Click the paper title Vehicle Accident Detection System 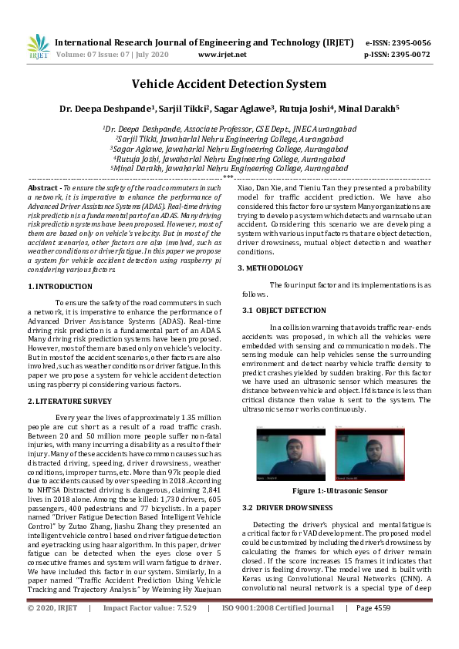pyautogui.click(x=229, y=84)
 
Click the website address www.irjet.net pyautogui.click(x=222, y=55)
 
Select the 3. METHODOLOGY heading pyautogui.click(x=270, y=267)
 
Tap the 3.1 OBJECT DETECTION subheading pyautogui.click(x=277, y=309)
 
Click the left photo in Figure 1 pyautogui.click(x=291, y=456)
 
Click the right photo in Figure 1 pyautogui.click(x=369, y=456)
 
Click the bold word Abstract pyautogui.click(x=43, y=188)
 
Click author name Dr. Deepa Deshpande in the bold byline pyautogui.click(x=104, y=108)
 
